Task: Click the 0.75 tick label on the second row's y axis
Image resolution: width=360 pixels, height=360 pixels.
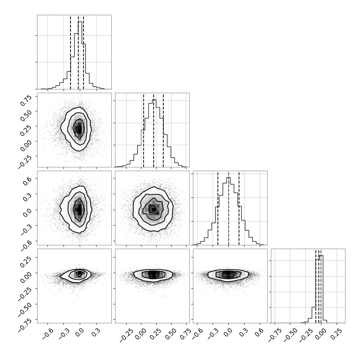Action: point(26,100)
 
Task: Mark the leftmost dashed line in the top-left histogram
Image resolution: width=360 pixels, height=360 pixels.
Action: point(71,52)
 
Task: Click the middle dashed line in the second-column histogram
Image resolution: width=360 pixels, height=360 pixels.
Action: point(154,130)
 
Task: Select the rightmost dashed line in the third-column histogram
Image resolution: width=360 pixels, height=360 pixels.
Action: point(239,208)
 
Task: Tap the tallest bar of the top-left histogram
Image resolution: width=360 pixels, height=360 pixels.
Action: point(80,55)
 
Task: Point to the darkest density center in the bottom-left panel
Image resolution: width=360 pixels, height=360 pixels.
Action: point(79,273)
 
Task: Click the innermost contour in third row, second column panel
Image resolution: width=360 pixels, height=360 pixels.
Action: point(154,209)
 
